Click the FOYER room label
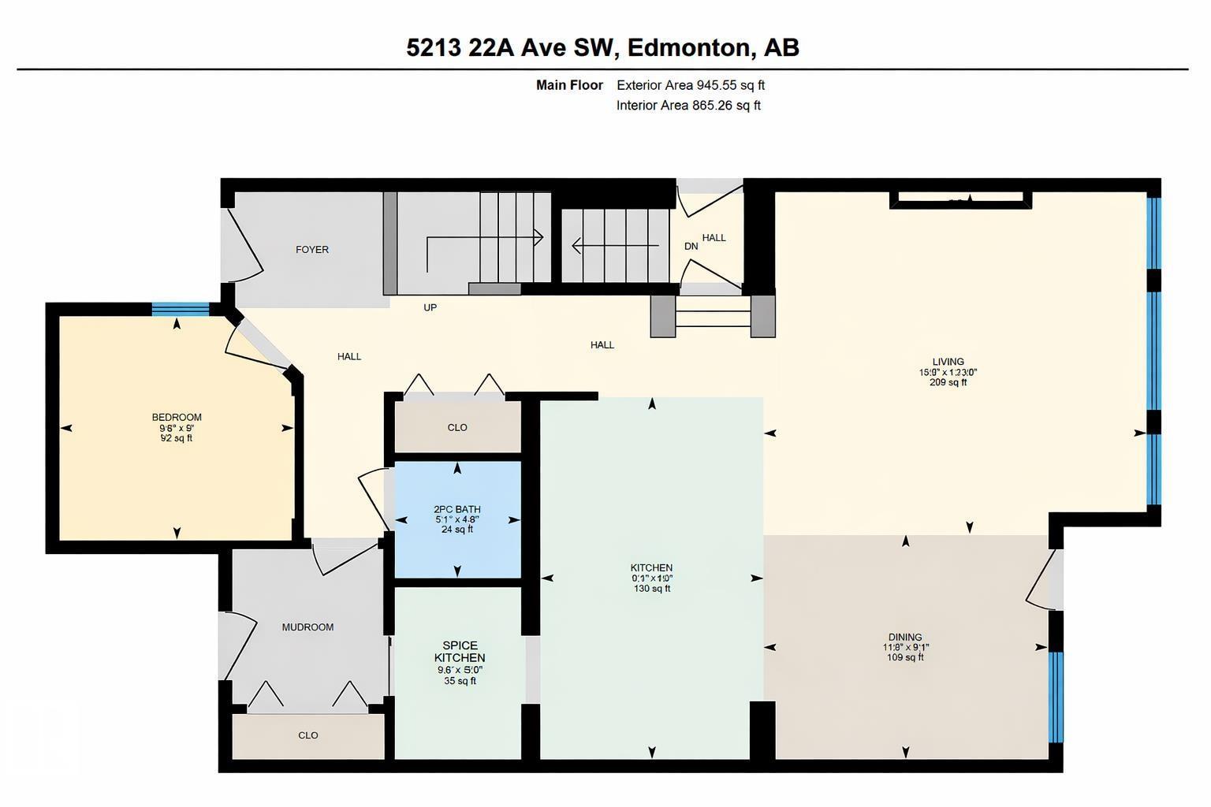tap(312, 250)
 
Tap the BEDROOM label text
tap(177, 418)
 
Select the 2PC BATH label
tap(456, 510)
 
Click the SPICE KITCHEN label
tap(460, 652)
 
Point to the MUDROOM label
tap(307, 627)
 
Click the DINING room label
tap(904, 638)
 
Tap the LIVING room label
tap(948, 363)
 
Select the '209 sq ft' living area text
tap(948, 383)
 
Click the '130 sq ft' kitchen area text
tap(651, 589)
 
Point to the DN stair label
tap(691, 247)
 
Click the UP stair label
tap(430, 308)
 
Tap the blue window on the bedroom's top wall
tap(180, 309)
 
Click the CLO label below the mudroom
tap(307, 735)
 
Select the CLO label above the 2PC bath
tap(457, 428)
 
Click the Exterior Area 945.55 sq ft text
tap(690, 85)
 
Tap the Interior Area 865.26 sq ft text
tap(687, 106)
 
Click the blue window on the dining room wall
tap(1056, 697)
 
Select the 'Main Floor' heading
tap(569, 85)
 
